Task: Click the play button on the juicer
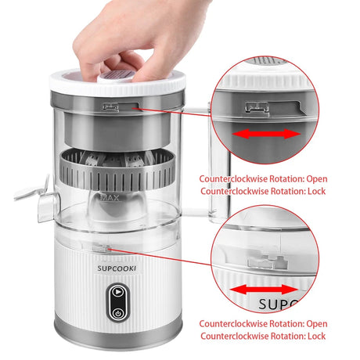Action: [x=118, y=291]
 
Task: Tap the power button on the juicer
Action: [x=118, y=313]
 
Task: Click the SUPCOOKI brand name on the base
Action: [x=117, y=268]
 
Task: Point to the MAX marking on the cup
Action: [x=110, y=197]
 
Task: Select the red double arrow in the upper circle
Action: [x=266, y=134]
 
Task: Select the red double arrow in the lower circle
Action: [x=264, y=290]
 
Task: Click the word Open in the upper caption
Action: [x=317, y=179]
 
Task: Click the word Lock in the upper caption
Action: [x=316, y=191]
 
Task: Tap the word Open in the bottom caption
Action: [x=317, y=324]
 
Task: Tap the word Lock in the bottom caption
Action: [x=316, y=336]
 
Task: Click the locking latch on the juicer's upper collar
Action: [x=111, y=107]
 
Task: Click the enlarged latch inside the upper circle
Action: [x=257, y=108]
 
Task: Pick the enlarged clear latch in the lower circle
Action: [x=267, y=262]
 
